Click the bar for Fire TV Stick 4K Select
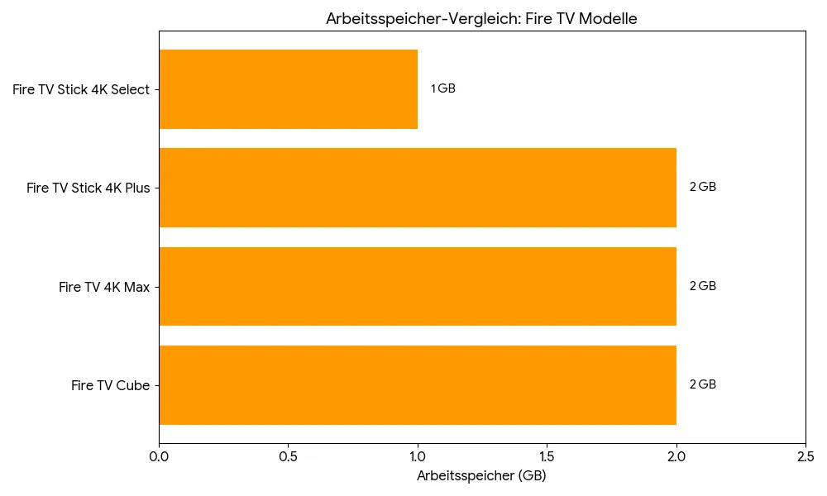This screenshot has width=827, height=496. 288,89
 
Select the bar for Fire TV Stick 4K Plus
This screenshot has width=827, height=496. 418,188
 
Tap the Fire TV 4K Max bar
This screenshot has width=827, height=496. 418,286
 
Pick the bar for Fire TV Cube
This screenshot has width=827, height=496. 418,385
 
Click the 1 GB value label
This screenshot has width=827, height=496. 443,89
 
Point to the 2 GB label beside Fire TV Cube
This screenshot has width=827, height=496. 703,385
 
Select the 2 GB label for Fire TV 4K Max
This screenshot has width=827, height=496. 703,287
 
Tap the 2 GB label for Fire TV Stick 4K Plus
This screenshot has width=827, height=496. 703,188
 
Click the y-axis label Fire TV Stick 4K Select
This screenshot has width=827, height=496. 81,90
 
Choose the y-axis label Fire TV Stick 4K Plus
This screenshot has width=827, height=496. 88,188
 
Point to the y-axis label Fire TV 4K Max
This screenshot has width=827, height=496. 104,288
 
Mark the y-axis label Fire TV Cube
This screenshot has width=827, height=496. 111,386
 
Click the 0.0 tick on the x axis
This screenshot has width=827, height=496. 159,455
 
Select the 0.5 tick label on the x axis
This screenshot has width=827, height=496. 288,455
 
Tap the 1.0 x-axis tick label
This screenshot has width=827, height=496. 418,455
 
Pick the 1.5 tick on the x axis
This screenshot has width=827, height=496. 547,455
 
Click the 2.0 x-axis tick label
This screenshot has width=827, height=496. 676,455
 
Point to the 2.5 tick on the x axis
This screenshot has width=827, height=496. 805,455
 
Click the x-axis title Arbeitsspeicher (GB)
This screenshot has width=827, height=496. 481,476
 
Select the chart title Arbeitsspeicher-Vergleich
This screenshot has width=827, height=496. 481,19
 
